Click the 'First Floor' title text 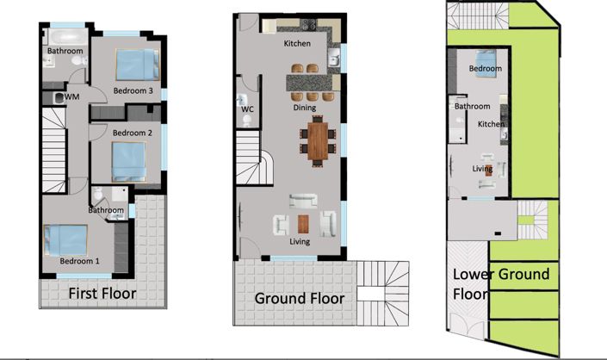102,294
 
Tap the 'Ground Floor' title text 300,299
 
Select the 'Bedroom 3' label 133,90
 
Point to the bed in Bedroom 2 128,161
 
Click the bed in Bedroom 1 65,240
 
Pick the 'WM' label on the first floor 72,96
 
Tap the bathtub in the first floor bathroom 68,37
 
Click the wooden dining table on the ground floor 318,140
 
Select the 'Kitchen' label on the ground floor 297,43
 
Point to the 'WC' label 247,109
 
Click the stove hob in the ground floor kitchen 308,24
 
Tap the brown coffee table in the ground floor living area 303,224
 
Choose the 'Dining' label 304,108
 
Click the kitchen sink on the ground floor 334,58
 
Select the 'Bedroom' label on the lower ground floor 485,69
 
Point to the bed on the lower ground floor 486,64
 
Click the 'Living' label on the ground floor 300,241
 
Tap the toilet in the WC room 247,121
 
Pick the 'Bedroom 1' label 79,261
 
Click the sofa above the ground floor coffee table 303,202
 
